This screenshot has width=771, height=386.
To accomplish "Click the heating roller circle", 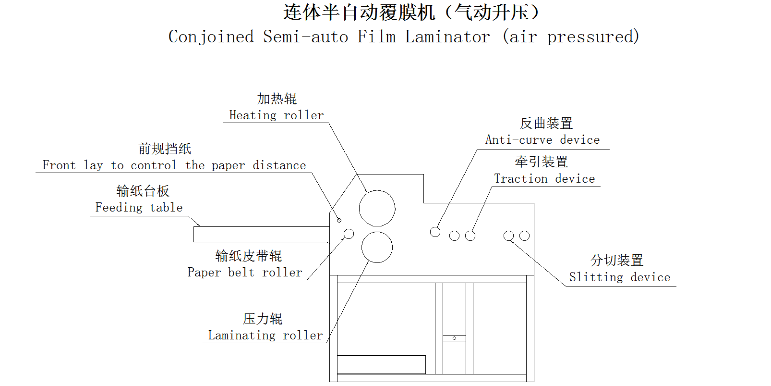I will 377,208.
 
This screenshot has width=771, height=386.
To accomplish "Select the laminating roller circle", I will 377,247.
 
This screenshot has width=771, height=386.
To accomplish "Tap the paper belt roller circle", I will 349,234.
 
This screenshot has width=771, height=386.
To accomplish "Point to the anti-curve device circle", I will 435,232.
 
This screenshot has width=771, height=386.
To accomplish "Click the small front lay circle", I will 339,220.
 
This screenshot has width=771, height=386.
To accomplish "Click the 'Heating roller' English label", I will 276,115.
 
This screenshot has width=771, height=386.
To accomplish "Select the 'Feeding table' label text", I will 139,208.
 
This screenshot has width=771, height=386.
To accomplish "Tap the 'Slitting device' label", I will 619,277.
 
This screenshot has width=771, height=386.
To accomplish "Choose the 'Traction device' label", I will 544,179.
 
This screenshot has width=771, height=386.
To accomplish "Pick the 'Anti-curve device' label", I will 542,140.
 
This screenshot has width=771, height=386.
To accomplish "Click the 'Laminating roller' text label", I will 265,336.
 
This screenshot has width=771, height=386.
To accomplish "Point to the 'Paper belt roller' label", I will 245,273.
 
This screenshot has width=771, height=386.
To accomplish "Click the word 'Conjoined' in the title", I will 211,37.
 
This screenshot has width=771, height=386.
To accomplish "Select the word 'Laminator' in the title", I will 447,37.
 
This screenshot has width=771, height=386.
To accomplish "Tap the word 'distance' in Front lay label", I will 279,165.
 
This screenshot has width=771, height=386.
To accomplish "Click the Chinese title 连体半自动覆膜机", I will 359,12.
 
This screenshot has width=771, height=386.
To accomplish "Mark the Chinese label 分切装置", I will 617,261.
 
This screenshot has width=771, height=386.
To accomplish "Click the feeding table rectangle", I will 261,234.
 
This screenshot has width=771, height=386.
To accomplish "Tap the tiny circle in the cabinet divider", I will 454,338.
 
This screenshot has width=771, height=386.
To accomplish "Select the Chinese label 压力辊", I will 263,319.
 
